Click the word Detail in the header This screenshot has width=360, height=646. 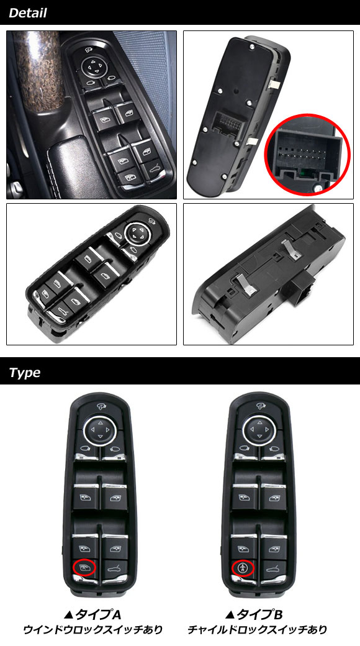point(27,13)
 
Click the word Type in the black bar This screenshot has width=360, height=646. point(25,373)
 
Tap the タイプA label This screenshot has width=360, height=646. point(92,615)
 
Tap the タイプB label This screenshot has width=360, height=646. point(254,615)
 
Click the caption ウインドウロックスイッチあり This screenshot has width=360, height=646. point(92,630)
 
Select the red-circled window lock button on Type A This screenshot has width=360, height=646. point(84,568)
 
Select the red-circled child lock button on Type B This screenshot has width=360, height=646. point(243,568)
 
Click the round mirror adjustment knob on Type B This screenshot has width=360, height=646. point(259,431)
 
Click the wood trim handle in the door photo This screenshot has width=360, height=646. point(37,70)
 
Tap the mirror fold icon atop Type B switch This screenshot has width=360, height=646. point(260,406)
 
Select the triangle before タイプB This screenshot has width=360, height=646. point(230,615)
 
